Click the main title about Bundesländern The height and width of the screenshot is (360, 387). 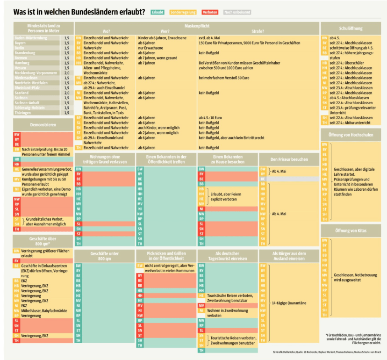click(x=79, y=11)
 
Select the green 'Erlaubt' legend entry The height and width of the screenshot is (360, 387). click(x=158, y=12)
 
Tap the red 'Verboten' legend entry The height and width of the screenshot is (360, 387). click(x=210, y=12)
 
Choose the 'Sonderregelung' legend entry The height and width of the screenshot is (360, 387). click(x=183, y=12)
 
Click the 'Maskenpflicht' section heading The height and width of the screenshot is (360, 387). click(x=196, y=26)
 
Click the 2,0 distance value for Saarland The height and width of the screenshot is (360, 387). click(x=66, y=93)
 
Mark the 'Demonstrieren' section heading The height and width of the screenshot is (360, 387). click(x=43, y=125)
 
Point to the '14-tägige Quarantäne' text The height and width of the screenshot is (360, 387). click(x=289, y=303)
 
